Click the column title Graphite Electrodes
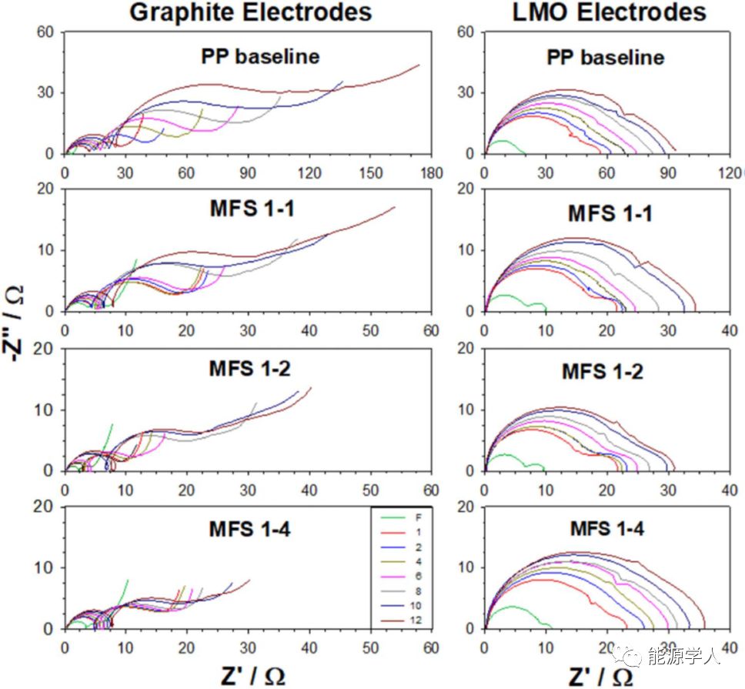tap(250, 12)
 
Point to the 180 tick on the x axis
tap(432, 173)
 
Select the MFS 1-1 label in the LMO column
tap(610, 213)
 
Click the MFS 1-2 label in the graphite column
tap(249, 368)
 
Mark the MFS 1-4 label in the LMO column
tap(607, 529)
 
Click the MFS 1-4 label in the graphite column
tap(249, 529)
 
